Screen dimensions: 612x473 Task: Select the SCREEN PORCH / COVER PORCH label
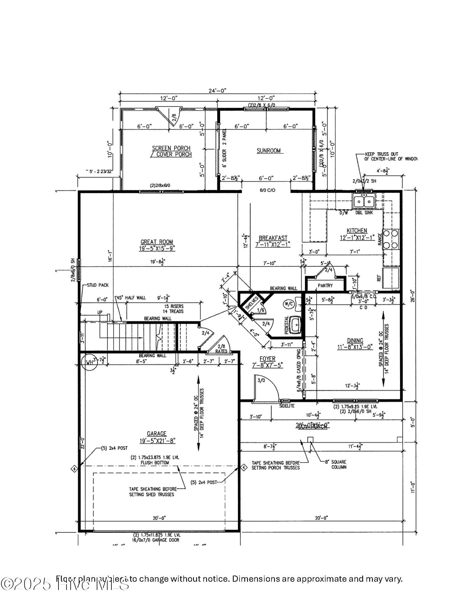(x=171, y=151)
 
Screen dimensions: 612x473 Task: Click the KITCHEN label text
(x=357, y=231)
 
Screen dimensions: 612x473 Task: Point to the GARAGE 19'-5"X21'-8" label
(x=157, y=437)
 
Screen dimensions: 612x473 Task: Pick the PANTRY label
(x=325, y=285)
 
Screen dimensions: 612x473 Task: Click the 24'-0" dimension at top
(x=217, y=91)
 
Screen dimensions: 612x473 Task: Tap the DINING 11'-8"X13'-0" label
(x=355, y=344)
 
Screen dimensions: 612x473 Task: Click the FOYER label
(x=268, y=359)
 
